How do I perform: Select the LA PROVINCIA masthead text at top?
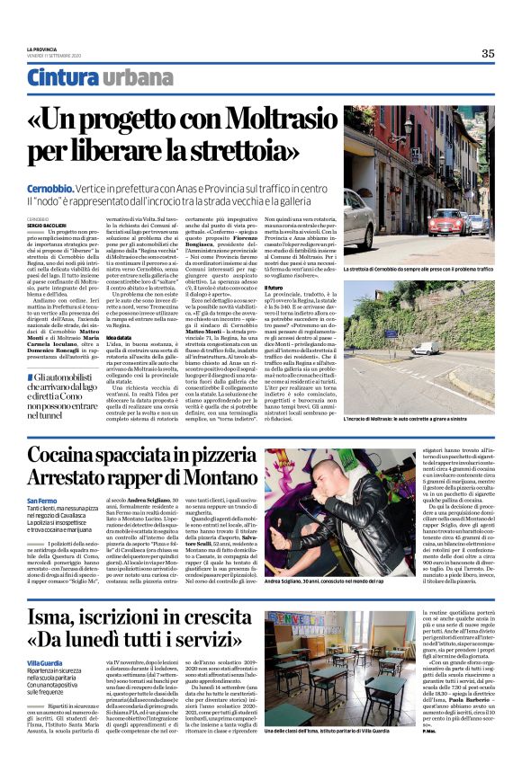pyautogui.click(x=41, y=49)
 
